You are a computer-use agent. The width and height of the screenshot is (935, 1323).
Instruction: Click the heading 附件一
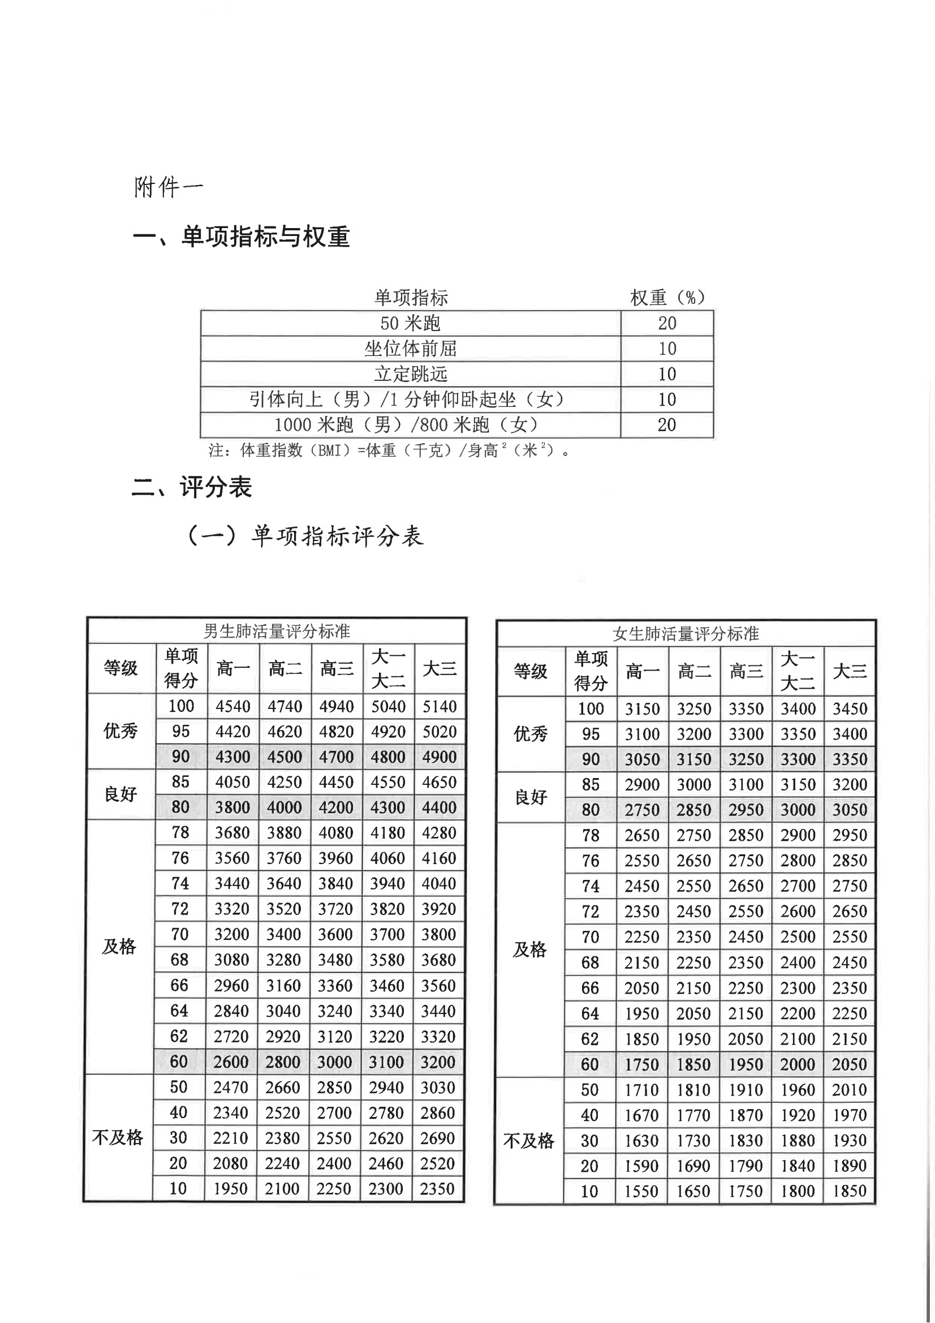click(x=168, y=187)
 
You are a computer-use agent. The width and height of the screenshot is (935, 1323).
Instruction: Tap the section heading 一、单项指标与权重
click(x=242, y=237)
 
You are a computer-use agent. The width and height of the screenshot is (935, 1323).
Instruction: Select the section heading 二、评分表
click(x=192, y=487)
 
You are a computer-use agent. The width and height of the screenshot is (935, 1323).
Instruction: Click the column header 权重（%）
click(x=667, y=297)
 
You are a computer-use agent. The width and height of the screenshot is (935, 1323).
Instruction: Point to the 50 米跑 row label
click(x=410, y=323)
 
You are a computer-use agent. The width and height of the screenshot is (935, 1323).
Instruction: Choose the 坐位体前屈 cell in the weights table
click(x=410, y=349)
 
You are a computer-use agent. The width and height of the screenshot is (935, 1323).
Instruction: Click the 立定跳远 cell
click(x=410, y=374)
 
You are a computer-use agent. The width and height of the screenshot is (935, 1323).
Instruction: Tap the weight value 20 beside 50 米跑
click(x=667, y=323)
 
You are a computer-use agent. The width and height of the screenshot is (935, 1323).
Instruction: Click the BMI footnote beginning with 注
click(x=389, y=450)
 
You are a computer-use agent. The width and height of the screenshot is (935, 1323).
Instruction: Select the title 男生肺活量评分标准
click(x=277, y=632)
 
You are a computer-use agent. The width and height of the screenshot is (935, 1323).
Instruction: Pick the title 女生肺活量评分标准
click(x=686, y=634)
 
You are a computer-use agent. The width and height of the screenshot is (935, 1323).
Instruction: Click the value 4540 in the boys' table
click(x=232, y=706)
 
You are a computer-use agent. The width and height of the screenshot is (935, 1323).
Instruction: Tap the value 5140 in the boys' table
click(x=440, y=706)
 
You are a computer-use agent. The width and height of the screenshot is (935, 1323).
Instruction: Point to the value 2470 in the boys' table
click(x=230, y=1088)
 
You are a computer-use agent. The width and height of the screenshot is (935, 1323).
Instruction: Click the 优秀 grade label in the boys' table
click(x=120, y=731)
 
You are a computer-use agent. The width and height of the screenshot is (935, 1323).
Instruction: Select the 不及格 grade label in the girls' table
click(x=528, y=1140)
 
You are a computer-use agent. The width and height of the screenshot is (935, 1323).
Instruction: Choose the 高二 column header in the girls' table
click(x=694, y=671)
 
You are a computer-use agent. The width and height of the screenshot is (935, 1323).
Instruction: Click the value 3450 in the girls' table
click(x=850, y=708)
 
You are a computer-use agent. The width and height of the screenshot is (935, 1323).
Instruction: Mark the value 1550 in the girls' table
click(x=641, y=1191)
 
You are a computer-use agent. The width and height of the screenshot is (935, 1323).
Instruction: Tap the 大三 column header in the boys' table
click(x=440, y=668)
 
